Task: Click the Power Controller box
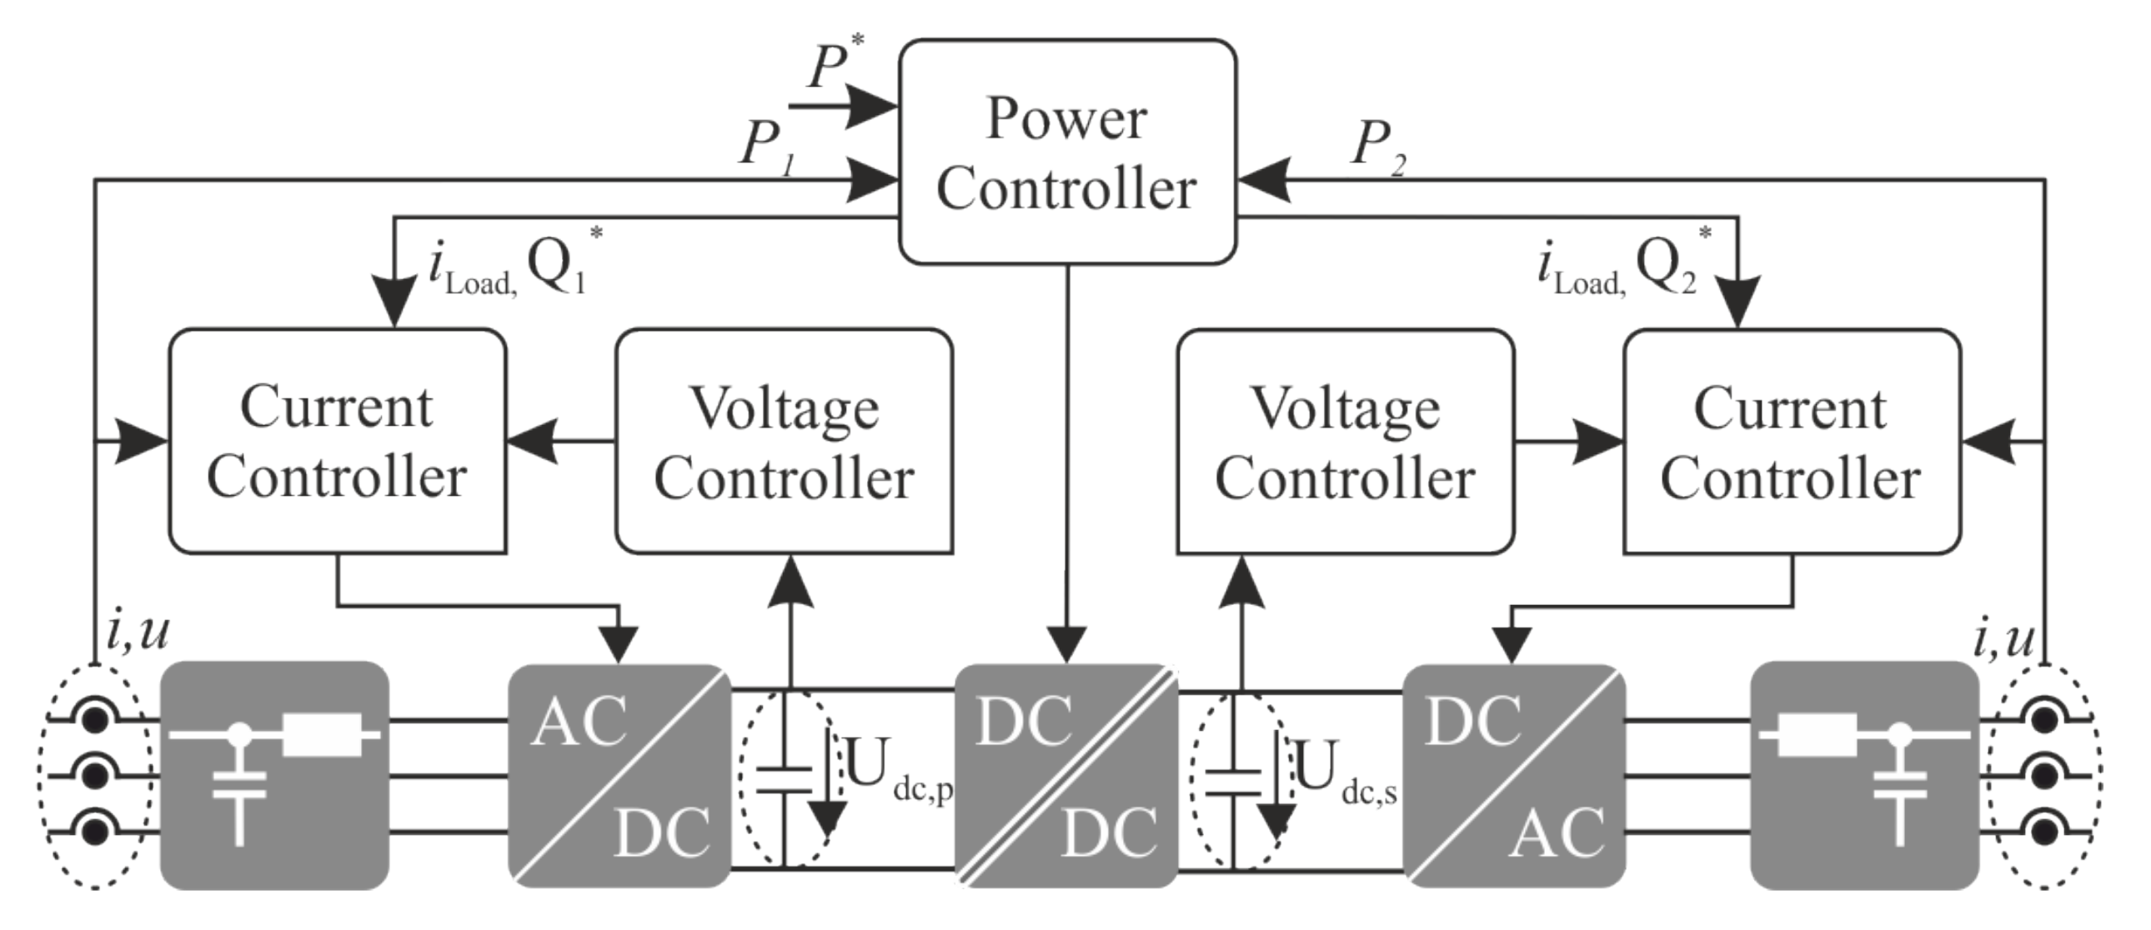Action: [1066, 152]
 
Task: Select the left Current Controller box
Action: [338, 441]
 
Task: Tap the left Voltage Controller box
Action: [784, 441]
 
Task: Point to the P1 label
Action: [766, 145]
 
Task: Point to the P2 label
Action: [1376, 145]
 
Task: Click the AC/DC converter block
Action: [619, 775]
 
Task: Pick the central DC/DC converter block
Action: [1065, 775]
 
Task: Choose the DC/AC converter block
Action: [1513, 775]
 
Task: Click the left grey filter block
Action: [274, 775]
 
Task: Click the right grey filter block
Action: [1863, 775]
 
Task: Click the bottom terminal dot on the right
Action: [2043, 832]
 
